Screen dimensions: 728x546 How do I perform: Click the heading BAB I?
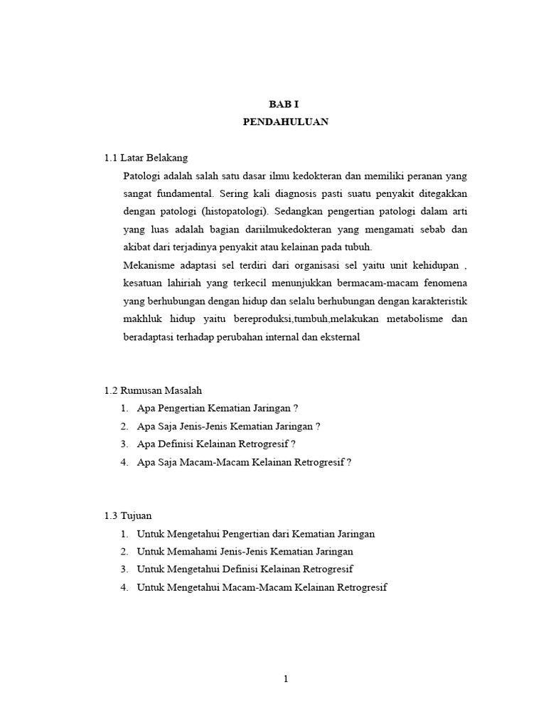click(x=285, y=104)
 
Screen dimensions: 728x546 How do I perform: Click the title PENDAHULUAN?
click(x=285, y=122)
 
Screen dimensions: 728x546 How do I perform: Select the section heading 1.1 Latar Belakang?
click(x=146, y=158)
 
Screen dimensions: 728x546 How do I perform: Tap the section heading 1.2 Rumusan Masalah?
click(x=153, y=390)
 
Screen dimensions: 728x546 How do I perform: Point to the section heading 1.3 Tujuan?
click(x=129, y=515)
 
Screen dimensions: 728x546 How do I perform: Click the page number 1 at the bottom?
click(x=285, y=679)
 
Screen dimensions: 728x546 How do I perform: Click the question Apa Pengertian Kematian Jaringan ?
click(x=218, y=408)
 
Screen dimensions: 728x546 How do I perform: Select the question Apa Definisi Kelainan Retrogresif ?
click(x=216, y=444)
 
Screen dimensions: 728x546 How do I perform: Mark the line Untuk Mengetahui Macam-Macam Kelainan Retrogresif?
click(x=262, y=587)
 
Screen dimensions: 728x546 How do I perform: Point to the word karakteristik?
click(x=437, y=301)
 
